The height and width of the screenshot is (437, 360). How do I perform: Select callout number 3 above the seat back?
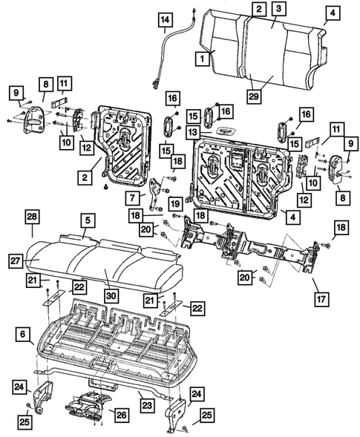[277, 10]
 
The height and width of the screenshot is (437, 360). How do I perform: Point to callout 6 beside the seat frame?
[22, 336]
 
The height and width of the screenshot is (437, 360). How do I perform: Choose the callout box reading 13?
[192, 131]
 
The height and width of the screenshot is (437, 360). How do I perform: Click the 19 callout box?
[174, 204]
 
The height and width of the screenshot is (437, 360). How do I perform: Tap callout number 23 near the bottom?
[148, 404]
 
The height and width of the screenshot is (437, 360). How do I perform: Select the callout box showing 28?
[32, 215]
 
